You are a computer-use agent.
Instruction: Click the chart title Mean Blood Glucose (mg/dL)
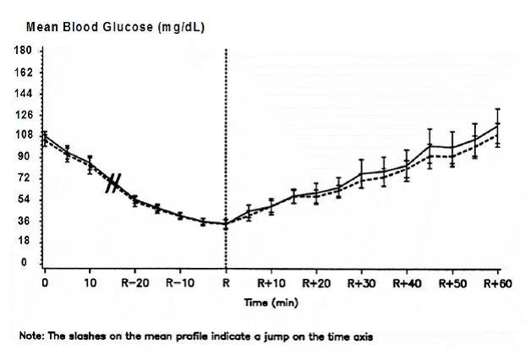pos(115,27)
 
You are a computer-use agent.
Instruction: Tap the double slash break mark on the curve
pos(115,183)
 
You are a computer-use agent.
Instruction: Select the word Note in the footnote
pos(31,335)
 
